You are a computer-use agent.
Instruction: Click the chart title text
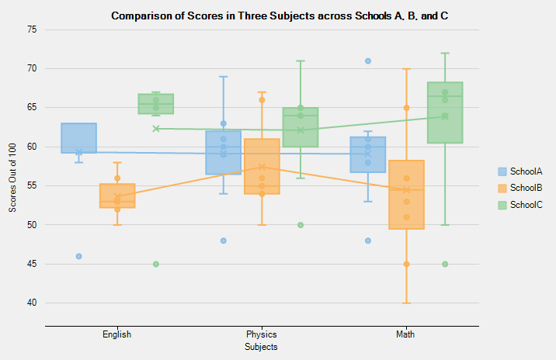tap(279, 16)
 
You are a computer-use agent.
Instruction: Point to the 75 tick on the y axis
tap(32, 29)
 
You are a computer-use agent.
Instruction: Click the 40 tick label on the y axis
tap(32, 303)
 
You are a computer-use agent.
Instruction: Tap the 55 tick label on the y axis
tap(32, 185)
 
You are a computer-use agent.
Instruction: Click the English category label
tap(116, 335)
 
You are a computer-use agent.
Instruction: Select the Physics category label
tap(261, 335)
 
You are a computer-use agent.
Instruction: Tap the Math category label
tap(405, 335)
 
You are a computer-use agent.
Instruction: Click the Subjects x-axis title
tap(261, 348)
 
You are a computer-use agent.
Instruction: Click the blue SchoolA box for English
tap(78, 138)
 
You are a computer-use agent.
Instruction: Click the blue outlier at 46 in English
tap(78, 256)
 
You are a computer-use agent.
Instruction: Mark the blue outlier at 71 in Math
tap(367, 61)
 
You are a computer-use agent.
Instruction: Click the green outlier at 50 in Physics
tap(300, 225)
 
